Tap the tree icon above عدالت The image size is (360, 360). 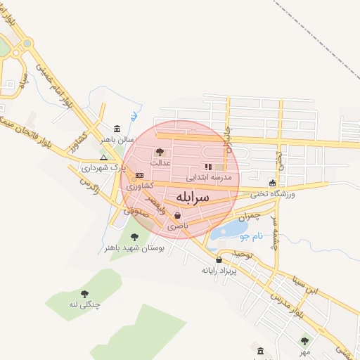coord(160,151)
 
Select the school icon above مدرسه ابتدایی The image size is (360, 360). coord(207,167)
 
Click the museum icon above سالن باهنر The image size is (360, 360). coord(116,129)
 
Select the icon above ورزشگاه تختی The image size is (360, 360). coord(272,184)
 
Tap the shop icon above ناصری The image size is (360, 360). coord(176,216)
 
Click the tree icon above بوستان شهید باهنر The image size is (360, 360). coord(134,237)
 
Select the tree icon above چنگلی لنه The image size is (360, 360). coord(84,294)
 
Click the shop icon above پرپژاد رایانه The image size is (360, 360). coord(219,259)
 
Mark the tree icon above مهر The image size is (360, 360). coord(304,341)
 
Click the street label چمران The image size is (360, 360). coord(247,217)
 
